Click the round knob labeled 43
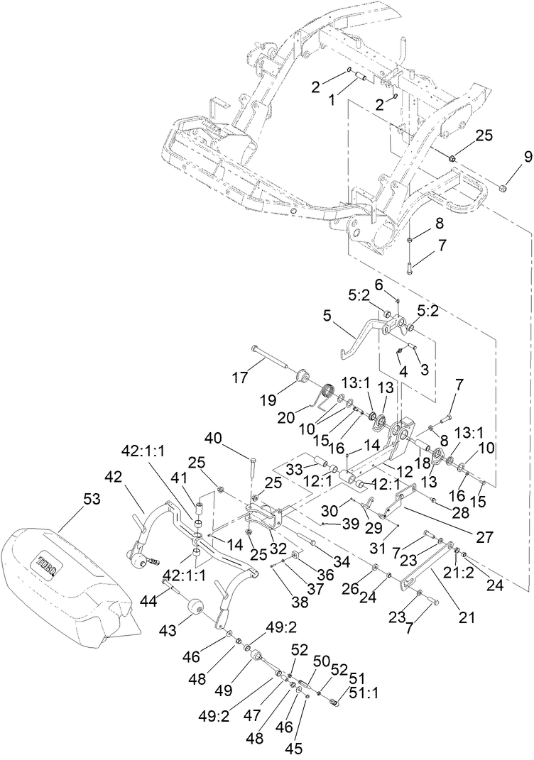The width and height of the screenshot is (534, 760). tap(194, 607)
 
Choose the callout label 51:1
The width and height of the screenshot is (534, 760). tap(368, 693)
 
